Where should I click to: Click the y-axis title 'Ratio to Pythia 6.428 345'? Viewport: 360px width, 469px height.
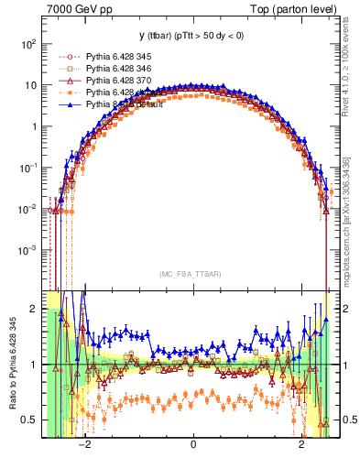[x=12, y=366]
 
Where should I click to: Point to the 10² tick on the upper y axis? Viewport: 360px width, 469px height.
[x=30, y=44]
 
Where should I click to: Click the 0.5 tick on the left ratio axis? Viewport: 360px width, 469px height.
[x=30, y=420]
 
